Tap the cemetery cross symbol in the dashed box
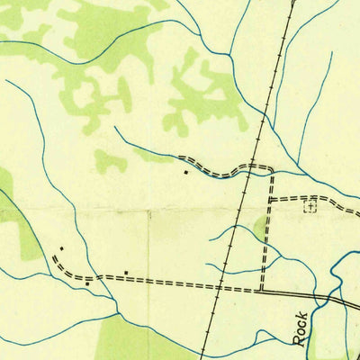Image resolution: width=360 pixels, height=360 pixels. pyautogui.click(x=310, y=206)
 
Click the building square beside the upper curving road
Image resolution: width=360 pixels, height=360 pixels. pyautogui.click(x=185, y=171)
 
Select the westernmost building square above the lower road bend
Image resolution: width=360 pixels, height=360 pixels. pyautogui.click(x=61, y=248)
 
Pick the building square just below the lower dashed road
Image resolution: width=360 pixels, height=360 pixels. pyautogui.click(x=87, y=283)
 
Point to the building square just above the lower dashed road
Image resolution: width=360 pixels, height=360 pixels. pyautogui.click(x=127, y=272)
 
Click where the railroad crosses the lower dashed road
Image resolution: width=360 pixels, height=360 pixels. pyautogui.click(x=219, y=288)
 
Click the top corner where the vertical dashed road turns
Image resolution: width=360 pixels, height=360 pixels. pyautogui.click(x=272, y=168)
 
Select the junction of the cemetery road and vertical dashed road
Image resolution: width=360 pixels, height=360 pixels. pyautogui.click(x=270, y=199)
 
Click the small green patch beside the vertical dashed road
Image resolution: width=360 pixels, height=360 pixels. pyautogui.click(x=260, y=227)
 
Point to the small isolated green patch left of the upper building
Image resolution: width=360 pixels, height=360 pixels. pyautogui.click(x=110, y=162)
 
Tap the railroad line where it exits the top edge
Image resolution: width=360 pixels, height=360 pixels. pyautogui.click(x=293, y=2)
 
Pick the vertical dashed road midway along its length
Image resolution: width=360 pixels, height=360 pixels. pyautogui.click(x=266, y=229)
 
